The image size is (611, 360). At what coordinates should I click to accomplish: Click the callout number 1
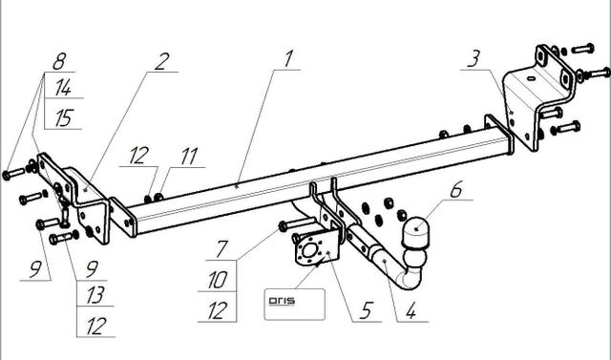(x=287, y=59)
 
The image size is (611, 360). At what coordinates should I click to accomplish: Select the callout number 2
(x=161, y=61)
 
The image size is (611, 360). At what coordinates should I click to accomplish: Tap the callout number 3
(x=474, y=59)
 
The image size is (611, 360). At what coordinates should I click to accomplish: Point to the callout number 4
(x=411, y=311)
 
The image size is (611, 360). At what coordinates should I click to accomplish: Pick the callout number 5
(x=367, y=311)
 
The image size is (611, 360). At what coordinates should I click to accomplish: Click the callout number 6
(x=456, y=189)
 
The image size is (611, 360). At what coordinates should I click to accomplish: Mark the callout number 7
(x=221, y=249)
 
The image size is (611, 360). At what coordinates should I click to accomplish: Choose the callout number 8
(x=59, y=61)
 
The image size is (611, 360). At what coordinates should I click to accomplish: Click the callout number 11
(x=189, y=157)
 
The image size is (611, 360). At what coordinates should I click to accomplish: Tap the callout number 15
(x=64, y=118)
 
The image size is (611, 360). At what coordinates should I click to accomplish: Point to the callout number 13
(x=95, y=295)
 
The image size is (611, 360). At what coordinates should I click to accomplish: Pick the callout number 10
(x=218, y=280)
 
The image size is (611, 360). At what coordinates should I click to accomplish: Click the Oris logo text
(x=282, y=301)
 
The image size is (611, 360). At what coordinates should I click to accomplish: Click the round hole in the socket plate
(x=309, y=250)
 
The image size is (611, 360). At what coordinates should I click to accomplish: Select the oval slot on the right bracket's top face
(x=531, y=78)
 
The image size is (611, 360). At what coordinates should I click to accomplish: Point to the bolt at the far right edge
(x=594, y=73)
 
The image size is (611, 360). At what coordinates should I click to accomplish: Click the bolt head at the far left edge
(x=7, y=175)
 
